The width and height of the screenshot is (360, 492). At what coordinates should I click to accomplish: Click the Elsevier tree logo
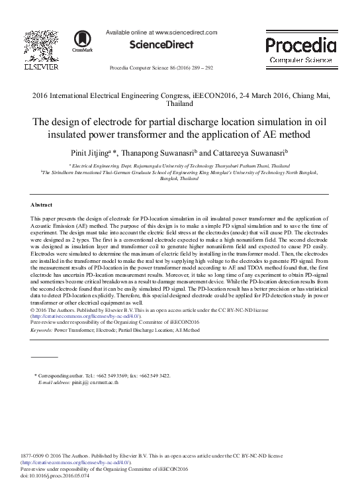[42, 44]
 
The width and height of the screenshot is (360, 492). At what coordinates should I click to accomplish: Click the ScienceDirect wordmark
[160, 45]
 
